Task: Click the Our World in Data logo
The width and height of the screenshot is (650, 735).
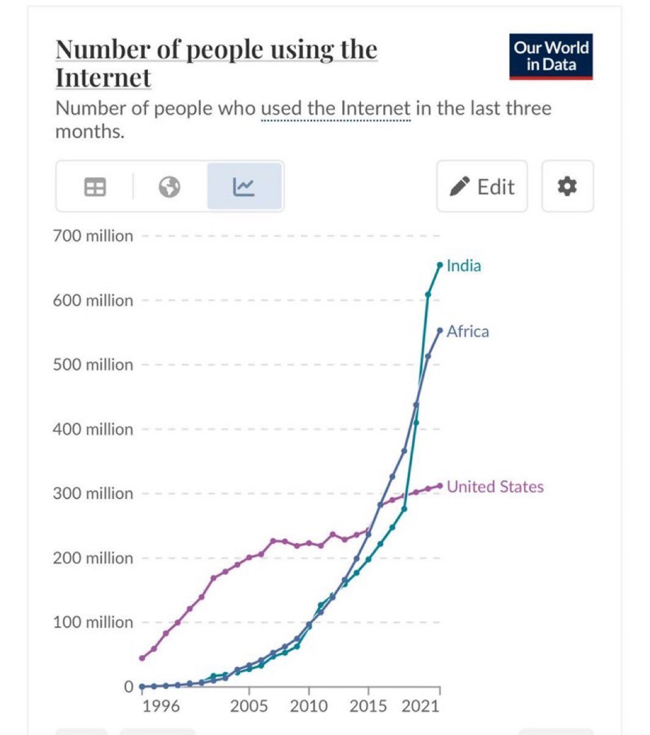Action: (x=551, y=57)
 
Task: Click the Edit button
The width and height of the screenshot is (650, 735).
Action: (x=482, y=186)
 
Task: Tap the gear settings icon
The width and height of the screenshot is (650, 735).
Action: (x=568, y=186)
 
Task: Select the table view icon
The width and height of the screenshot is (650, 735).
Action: (x=95, y=187)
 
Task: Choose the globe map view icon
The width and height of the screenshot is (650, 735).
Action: (x=169, y=187)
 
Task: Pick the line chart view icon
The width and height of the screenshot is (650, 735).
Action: (x=244, y=187)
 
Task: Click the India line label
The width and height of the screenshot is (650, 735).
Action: (x=464, y=266)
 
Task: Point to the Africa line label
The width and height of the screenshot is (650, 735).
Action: (x=467, y=332)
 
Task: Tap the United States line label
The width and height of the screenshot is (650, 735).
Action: (x=495, y=487)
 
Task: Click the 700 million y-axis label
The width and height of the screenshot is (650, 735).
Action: (x=93, y=236)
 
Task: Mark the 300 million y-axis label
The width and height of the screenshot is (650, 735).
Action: (x=93, y=494)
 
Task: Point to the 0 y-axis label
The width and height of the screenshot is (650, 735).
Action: (x=128, y=687)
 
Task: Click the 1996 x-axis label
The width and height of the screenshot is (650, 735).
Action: (x=161, y=707)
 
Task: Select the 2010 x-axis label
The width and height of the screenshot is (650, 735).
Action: (x=309, y=707)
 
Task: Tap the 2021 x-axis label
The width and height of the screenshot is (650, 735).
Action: (x=422, y=707)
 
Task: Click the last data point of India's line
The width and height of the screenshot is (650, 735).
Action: (x=440, y=265)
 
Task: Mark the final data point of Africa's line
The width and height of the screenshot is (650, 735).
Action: (x=440, y=331)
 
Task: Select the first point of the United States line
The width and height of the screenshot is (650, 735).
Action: (x=142, y=658)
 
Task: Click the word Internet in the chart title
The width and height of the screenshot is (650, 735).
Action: (x=103, y=78)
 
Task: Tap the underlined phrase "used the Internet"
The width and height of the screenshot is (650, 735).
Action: (x=335, y=109)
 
